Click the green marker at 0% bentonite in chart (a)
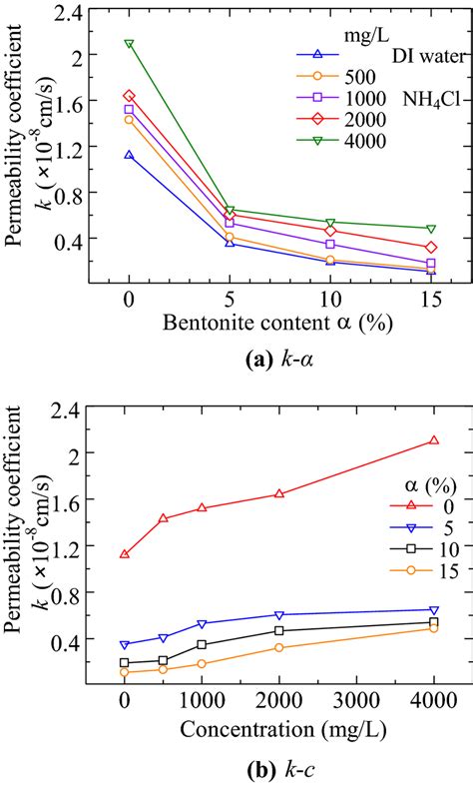129,44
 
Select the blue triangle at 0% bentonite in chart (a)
129,155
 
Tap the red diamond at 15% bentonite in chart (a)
431,247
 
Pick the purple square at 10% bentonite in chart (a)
330,244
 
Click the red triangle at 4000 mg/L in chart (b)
434,440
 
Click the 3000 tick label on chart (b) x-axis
356,702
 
